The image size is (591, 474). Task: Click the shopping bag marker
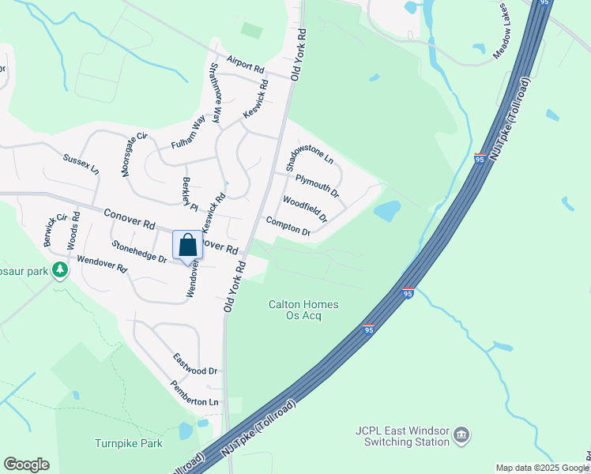pos(187,245)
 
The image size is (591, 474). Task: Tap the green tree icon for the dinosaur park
pos(60,270)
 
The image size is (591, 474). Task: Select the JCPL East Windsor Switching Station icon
pos(461,434)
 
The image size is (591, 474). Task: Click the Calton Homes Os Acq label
pos(303,310)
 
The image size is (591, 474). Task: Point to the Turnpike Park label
pos(129,443)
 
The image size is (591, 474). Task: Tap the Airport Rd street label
pos(244,64)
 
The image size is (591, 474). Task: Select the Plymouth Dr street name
pos(317,186)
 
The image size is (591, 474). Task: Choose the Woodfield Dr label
pos(304,209)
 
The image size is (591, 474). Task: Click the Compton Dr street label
pos(288,227)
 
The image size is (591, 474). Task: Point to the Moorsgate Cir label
pos(134,154)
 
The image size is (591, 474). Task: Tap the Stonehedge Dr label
pos(139,252)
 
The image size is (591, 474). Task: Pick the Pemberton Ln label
pos(194,393)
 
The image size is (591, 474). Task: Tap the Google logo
pos(26,465)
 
